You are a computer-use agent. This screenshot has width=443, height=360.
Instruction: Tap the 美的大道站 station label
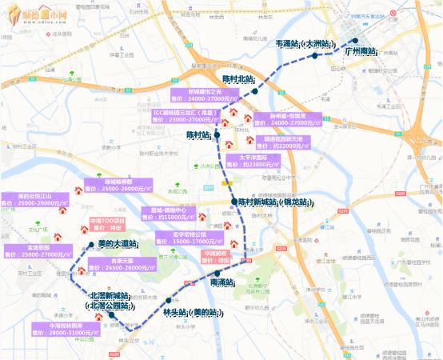(x=117, y=244)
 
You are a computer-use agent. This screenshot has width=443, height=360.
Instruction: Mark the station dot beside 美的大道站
(x=90, y=244)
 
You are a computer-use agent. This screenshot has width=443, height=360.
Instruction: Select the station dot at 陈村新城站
(x=233, y=202)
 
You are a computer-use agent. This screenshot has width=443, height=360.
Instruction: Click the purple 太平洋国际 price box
(x=263, y=161)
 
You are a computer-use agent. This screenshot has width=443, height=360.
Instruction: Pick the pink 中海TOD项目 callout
(x=108, y=223)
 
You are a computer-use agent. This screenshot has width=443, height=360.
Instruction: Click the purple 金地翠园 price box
(x=38, y=251)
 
